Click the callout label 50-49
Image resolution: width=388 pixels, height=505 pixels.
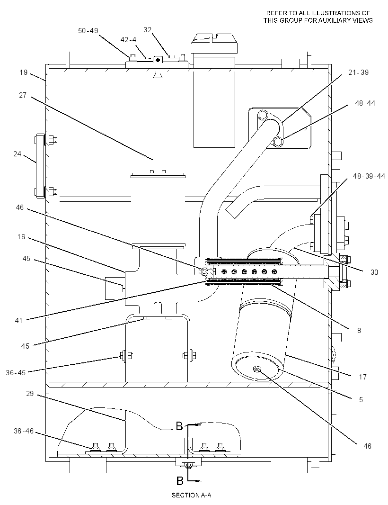pyautogui.click(x=88, y=31)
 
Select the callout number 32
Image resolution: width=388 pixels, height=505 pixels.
pyautogui.click(x=147, y=30)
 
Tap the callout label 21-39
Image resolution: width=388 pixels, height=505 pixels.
pyautogui.click(x=358, y=72)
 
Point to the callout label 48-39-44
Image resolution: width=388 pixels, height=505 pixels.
pyautogui.click(x=369, y=176)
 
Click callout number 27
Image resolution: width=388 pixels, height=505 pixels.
pyautogui.click(x=23, y=95)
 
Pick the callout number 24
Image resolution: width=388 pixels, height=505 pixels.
pyautogui.click(x=17, y=154)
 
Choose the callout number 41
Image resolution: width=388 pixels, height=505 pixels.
pyautogui.click(x=18, y=320)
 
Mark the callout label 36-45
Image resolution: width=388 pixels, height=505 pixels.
pyautogui.click(x=16, y=373)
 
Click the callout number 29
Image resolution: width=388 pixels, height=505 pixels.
pyautogui.click(x=30, y=394)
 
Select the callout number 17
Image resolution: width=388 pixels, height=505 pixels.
pyautogui.click(x=362, y=377)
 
